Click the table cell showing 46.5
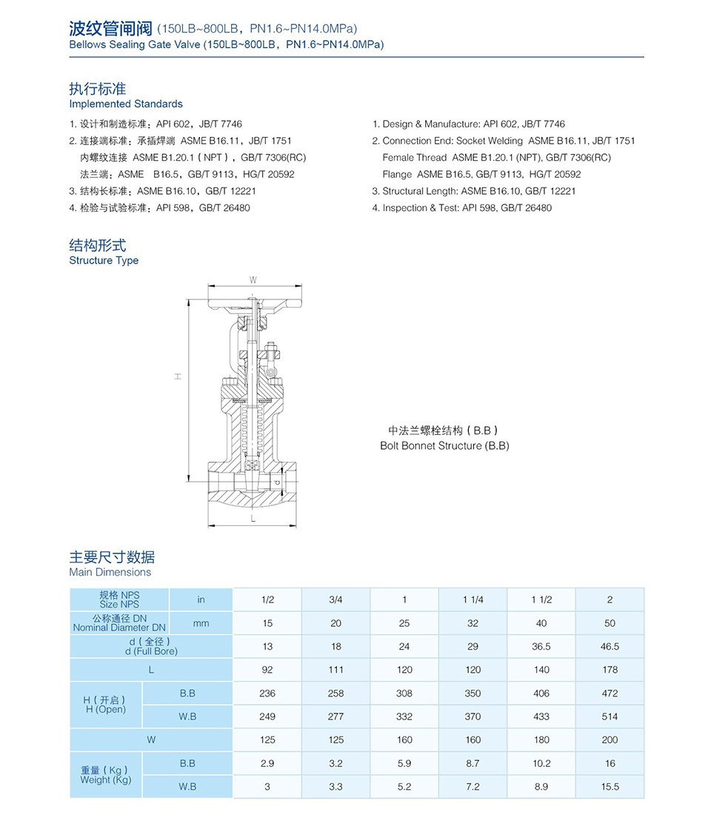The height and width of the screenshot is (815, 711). tap(610, 646)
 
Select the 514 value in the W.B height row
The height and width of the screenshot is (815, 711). tap(610, 716)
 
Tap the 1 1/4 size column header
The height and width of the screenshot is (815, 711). tap(473, 599)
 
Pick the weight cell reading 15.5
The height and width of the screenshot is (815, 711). tap(610, 786)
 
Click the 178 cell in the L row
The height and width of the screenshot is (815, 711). tap(610, 670)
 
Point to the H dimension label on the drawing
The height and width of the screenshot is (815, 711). tap(178, 376)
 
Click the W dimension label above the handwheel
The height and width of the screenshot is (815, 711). tap(253, 280)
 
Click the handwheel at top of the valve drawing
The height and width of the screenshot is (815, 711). tap(253, 302)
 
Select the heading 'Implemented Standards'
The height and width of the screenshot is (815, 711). tap(126, 104)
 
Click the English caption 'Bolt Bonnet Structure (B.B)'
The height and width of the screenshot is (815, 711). tap(444, 446)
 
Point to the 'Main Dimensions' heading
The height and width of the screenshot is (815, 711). tap(110, 572)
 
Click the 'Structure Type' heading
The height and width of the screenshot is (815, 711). tap(104, 261)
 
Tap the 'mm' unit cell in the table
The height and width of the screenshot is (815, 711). tap(201, 623)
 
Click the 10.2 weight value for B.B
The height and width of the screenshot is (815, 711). tap(541, 763)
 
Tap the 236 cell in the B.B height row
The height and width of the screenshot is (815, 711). tap(267, 693)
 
